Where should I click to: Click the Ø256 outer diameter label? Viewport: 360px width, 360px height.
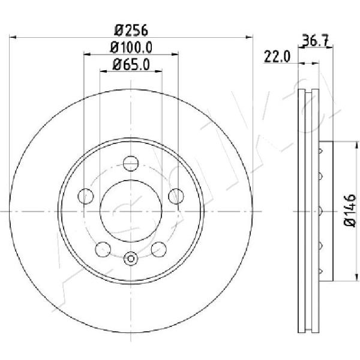click(x=131, y=30)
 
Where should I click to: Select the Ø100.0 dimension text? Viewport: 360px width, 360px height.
click(x=131, y=47)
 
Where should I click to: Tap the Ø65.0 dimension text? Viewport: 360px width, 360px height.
click(x=131, y=65)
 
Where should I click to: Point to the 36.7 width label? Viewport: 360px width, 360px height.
click(x=316, y=40)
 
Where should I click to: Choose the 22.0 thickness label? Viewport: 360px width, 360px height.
click(x=277, y=57)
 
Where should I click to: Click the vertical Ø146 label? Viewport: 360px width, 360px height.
click(x=350, y=211)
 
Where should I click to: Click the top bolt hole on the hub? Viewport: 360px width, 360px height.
click(x=131, y=163)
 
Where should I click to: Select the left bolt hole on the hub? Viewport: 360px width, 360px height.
click(x=86, y=196)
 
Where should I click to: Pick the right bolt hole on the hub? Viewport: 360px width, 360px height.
click(x=176, y=196)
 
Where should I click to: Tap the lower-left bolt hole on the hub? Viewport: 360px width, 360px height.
click(x=103, y=250)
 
